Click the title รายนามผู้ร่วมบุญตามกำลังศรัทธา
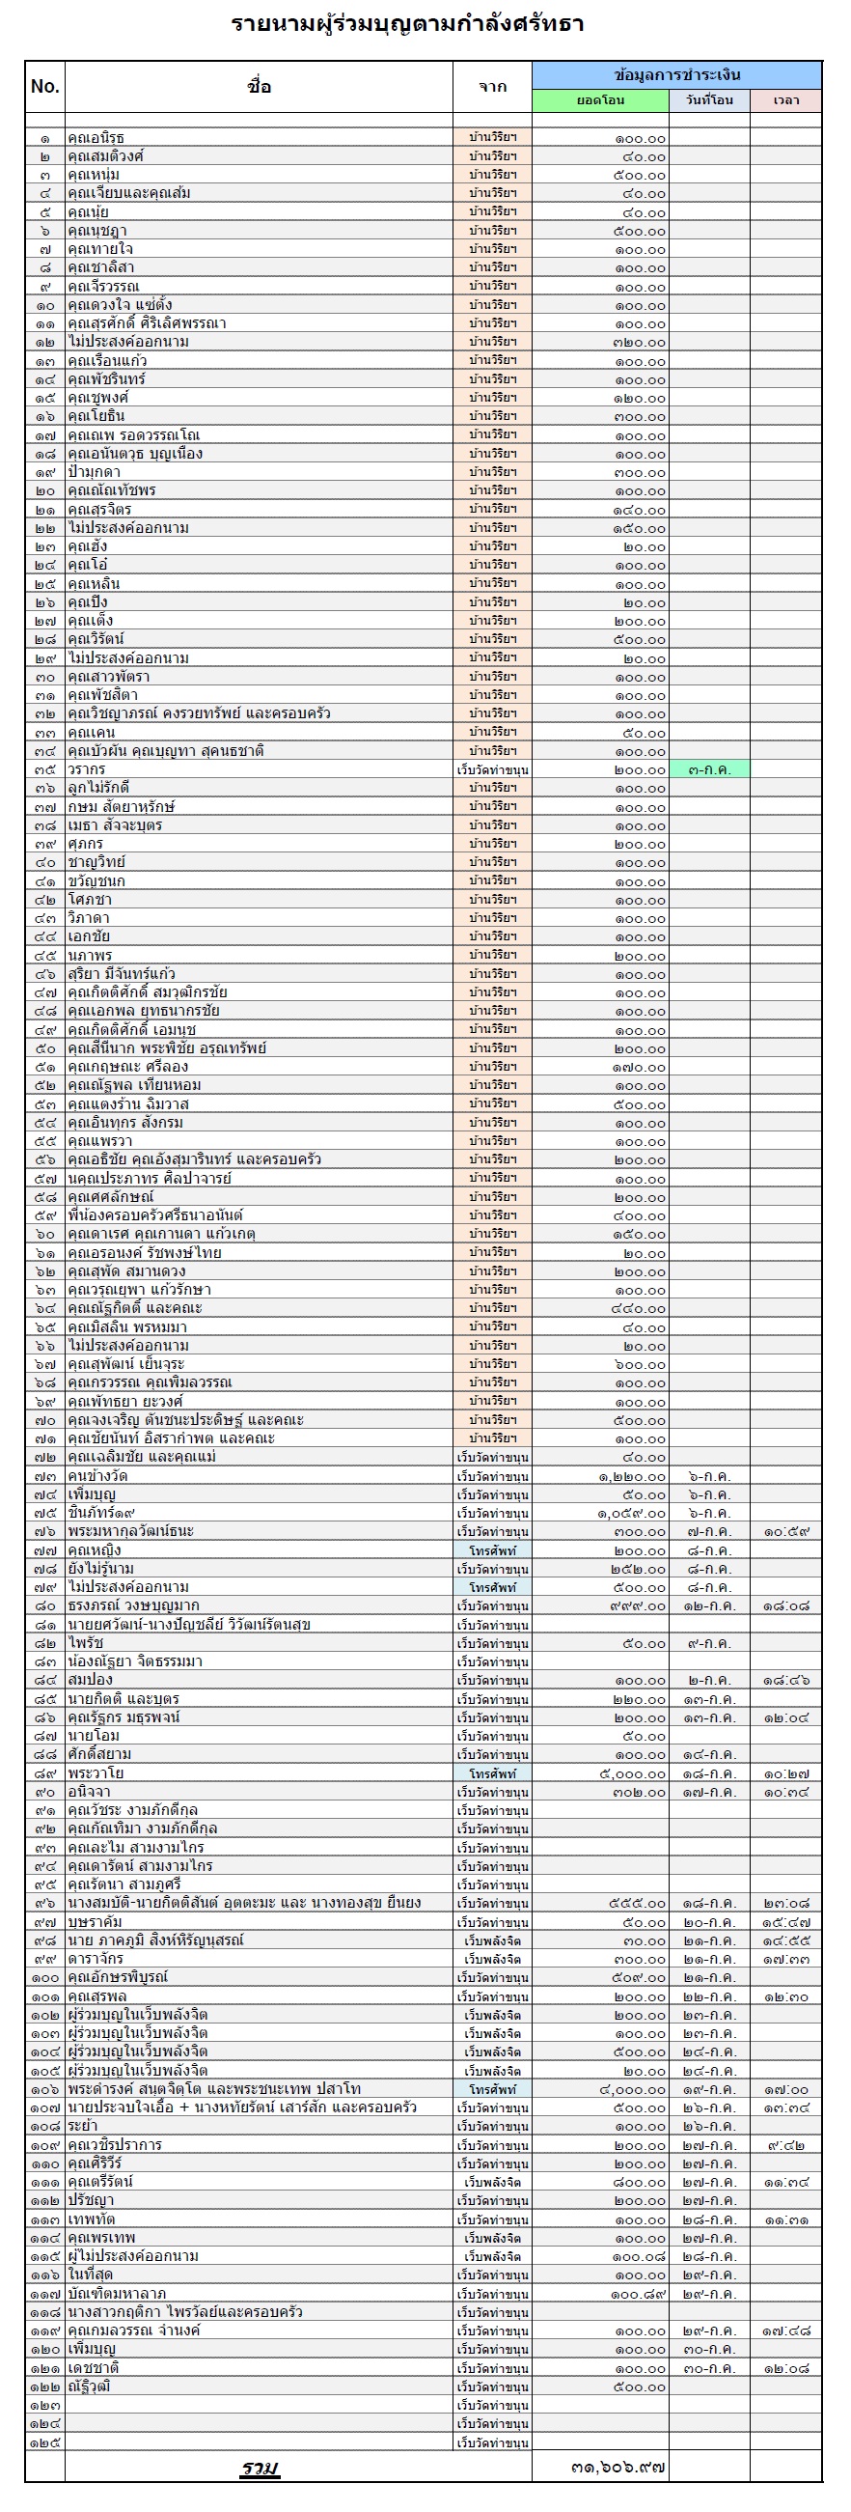(406, 24)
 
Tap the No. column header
(44, 86)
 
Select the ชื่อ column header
(259, 87)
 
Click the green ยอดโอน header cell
(600, 99)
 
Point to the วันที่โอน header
(708, 99)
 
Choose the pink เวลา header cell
(785, 99)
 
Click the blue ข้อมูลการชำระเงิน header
(676, 74)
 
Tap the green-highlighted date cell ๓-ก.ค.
(708, 769)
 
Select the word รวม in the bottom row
(260, 2469)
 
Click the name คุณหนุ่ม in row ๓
(94, 175)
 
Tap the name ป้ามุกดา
(95, 472)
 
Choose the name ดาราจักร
(96, 1959)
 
